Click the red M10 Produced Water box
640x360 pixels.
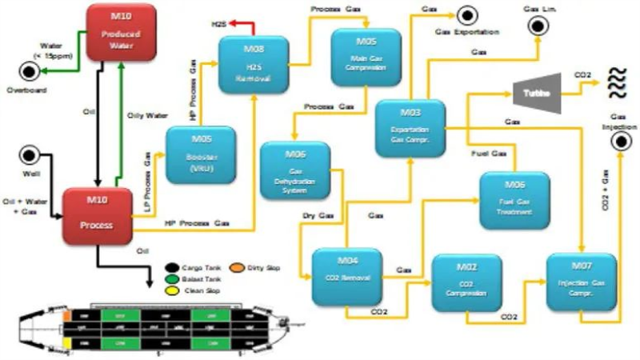pyautogui.click(x=119, y=36)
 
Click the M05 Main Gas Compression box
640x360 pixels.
pyautogui.click(x=366, y=56)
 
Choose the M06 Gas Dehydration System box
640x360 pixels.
pyautogui.click(x=295, y=170)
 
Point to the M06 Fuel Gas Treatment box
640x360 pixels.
pyautogui.click(x=514, y=198)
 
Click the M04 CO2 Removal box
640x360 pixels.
pyautogui.click(x=346, y=275)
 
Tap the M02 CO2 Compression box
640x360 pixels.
pyautogui.click(x=466, y=280)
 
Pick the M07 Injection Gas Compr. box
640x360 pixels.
pyautogui.click(x=582, y=282)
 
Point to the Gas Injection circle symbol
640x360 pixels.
pyautogui.click(x=620, y=142)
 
